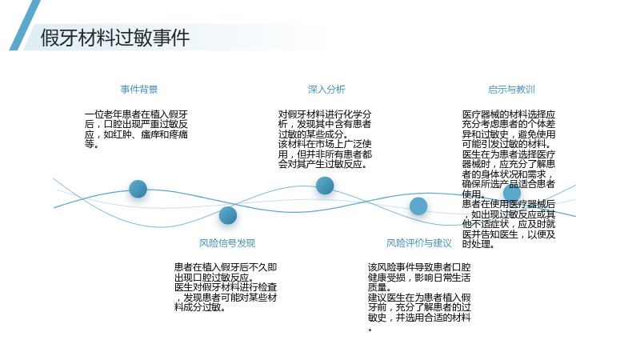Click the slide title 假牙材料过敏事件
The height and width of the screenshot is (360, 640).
click(x=114, y=38)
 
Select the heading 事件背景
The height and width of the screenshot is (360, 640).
click(x=138, y=90)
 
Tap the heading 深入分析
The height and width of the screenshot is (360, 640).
click(x=326, y=90)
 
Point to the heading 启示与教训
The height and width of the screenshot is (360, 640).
click(x=511, y=90)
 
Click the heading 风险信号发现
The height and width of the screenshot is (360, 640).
click(x=227, y=243)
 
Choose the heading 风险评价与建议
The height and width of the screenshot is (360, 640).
click(x=418, y=243)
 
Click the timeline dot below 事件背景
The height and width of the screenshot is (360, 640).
click(x=138, y=189)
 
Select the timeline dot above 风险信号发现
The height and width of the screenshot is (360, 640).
click(x=228, y=215)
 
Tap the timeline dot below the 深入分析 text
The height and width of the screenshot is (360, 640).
click(x=325, y=186)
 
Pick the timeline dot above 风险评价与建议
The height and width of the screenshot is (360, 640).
click(x=418, y=206)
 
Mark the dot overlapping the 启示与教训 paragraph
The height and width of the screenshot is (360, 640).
click(x=512, y=193)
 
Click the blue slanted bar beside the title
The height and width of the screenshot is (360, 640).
click(x=25, y=25)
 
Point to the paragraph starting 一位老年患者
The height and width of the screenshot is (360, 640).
click(x=136, y=129)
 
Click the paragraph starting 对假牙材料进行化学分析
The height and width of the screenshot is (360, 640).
click(x=325, y=139)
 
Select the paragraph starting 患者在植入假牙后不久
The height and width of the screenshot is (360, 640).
click(x=226, y=287)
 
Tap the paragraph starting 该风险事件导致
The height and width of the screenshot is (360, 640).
click(x=419, y=297)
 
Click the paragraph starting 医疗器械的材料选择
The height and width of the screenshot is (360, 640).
click(x=509, y=179)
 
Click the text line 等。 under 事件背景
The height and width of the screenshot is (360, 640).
click(x=91, y=144)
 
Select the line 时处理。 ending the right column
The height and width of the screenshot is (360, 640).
click(x=478, y=244)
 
